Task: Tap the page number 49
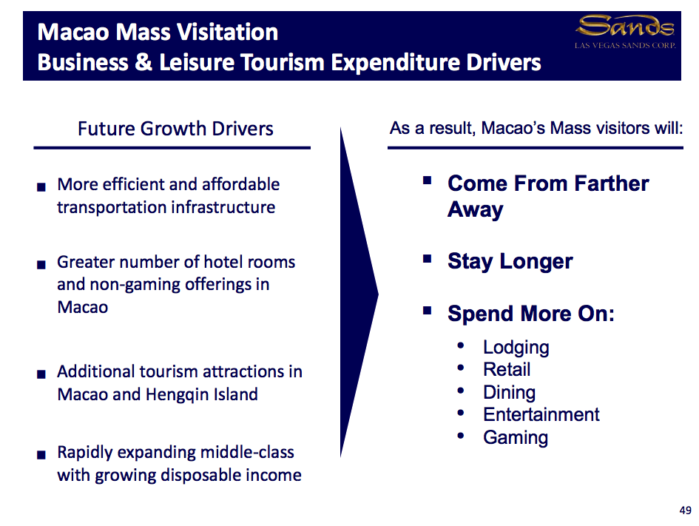(x=685, y=510)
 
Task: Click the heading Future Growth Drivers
(x=175, y=129)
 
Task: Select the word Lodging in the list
(x=516, y=348)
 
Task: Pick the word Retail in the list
(x=507, y=370)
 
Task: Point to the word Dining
(x=509, y=393)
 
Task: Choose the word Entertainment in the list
(x=541, y=414)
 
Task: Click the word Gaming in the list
(x=515, y=437)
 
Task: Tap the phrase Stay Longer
(x=510, y=262)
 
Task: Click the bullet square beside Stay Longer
(x=427, y=259)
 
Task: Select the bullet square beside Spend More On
(x=427, y=311)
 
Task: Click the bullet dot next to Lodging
(x=462, y=345)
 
